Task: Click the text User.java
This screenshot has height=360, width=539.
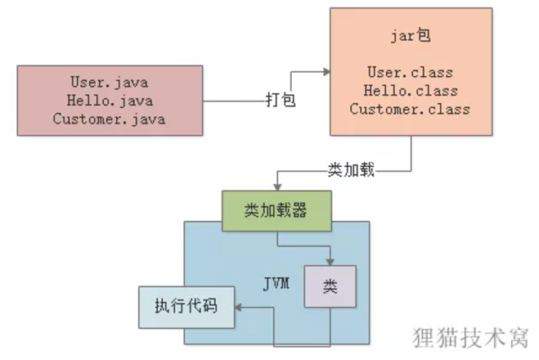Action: pyautogui.click(x=109, y=83)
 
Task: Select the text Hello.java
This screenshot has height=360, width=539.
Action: pyautogui.click(x=109, y=101)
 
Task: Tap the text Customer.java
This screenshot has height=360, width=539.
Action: pyautogui.click(x=109, y=119)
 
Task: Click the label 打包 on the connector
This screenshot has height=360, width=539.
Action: pyautogui.click(x=280, y=101)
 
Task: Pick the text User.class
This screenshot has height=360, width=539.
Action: pyautogui.click(x=410, y=74)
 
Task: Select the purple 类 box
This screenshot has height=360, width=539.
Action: pyautogui.click(x=330, y=286)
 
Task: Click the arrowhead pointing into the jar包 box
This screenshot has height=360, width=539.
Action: pyautogui.click(x=326, y=73)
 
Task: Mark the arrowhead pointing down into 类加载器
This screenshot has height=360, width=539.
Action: pyautogui.click(x=277, y=188)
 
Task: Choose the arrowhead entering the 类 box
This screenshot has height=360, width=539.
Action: pyautogui.click(x=330, y=262)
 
